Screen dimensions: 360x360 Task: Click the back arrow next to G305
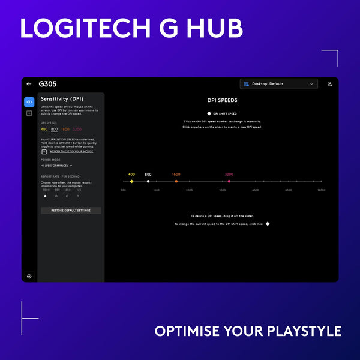(x=29, y=84)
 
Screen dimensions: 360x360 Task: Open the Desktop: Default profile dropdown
(x=279, y=84)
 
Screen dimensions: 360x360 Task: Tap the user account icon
(x=329, y=84)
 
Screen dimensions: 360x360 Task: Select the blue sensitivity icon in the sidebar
(x=29, y=102)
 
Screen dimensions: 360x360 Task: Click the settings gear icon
(x=29, y=276)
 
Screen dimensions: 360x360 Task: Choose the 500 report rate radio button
(x=56, y=196)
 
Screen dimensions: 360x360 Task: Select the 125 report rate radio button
(x=79, y=196)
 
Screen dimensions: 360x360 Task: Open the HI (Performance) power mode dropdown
(x=56, y=165)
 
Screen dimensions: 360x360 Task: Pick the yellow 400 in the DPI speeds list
(x=44, y=129)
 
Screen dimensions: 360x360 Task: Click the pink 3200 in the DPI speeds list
(x=77, y=129)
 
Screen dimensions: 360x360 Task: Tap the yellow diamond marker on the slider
(x=131, y=181)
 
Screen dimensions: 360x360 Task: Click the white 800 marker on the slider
(x=148, y=181)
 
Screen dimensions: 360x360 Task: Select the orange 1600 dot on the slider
(x=176, y=181)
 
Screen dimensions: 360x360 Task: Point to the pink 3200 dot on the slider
(x=229, y=181)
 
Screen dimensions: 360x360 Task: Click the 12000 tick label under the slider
(x=321, y=190)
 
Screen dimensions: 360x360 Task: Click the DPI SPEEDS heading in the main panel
(x=222, y=101)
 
